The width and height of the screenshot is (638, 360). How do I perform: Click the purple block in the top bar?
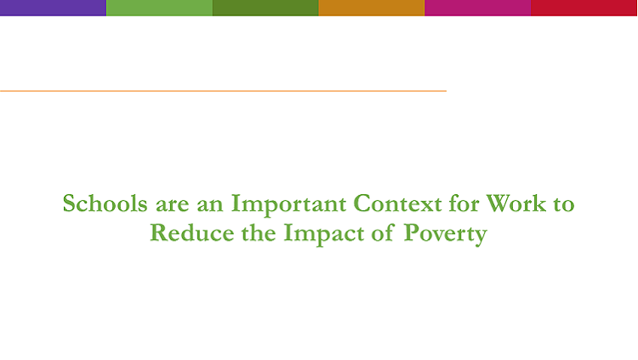click(53, 8)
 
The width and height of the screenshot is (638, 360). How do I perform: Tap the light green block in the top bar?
click(160, 8)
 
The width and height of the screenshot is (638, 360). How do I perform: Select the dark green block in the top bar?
click(265, 8)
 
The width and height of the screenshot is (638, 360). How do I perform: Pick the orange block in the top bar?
click(372, 8)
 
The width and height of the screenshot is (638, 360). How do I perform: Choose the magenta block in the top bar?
click(478, 8)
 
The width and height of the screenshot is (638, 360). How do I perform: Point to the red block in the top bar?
click(584, 8)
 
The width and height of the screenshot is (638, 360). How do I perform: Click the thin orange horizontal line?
click(223, 91)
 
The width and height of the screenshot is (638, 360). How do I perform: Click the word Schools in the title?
click(105, 203)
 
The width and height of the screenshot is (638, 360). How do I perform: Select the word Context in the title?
click(397, 203)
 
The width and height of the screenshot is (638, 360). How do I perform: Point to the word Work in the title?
click(516, 203)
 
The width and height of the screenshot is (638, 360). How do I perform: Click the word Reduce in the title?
click(192, 232)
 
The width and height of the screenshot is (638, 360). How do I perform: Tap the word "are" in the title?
click(173, 205)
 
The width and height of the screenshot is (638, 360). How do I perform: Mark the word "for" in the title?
click(464, 203)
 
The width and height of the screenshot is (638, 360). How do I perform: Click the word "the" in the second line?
click(259, 232)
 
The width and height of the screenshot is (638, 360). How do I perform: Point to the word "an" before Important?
click(210, 205)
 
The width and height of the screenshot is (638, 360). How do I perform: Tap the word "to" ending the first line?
click(564, 204)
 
